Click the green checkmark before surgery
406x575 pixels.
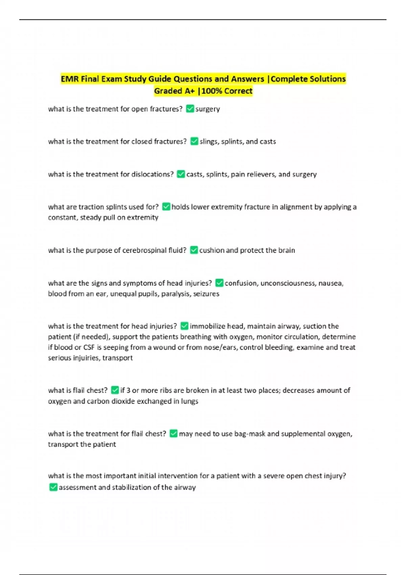pyautogui.click(x=190, y=109)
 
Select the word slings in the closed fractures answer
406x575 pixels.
pyautogui.click(x=209, y=141)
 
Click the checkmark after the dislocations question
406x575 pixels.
pyautogui.click(x=181, y=174)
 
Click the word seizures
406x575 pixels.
pyautogui.click(x=206, y=294)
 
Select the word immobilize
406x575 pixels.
pyautogui.click(x=207, y=326)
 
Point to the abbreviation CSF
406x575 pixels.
pyautogui.click(x=89, y=347)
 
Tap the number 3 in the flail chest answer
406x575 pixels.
pyautogui.click(x=128, y=390)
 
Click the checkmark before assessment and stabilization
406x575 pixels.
pyautogui.click(x=53, y=487)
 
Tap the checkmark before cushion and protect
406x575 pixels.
pyautogui.click(x=194, y=250)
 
